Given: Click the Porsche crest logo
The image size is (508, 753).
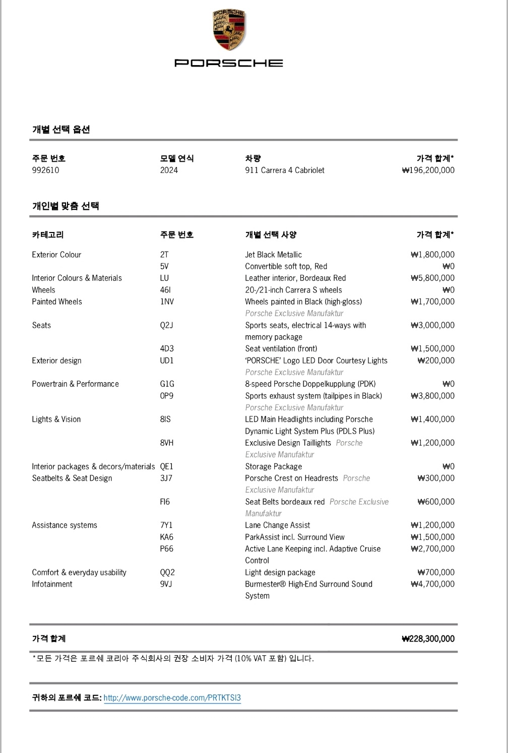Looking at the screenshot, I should [x=228, y=30].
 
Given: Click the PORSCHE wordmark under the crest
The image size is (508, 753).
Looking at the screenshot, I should [x=228, y=63].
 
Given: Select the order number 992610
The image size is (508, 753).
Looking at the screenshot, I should [x=45, y=170].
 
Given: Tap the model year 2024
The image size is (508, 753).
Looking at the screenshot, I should [x=169, y=170].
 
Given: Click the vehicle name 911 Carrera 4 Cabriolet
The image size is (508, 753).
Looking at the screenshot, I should [x=285, y=170].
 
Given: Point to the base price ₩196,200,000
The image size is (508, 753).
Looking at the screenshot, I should [x=428, y=170].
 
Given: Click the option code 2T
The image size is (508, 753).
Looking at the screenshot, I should [x=164, y=255].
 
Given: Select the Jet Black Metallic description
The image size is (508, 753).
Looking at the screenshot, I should [x=273, y=255].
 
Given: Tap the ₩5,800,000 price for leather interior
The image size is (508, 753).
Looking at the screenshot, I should [x=432, y=278].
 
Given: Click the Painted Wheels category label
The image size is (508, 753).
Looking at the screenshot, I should [x=57, y=302].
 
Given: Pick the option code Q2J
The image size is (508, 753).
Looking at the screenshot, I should [x=166, y=325].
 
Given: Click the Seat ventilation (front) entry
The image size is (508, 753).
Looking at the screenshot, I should [x=281, y=349].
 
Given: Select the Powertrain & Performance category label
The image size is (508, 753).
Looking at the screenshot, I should [x=75, y=384].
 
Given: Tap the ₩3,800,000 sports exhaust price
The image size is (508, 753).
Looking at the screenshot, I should [x=432, y=396].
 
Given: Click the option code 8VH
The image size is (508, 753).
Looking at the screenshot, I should [x=167, y=443].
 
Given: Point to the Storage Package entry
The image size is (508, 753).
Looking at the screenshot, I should [x=273, y=467].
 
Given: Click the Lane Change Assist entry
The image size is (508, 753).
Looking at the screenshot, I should [x=277, y=525].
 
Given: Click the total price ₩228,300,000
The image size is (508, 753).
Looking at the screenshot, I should [x=428, y=639].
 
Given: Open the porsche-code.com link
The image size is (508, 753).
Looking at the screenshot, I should [x=172, y=698].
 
